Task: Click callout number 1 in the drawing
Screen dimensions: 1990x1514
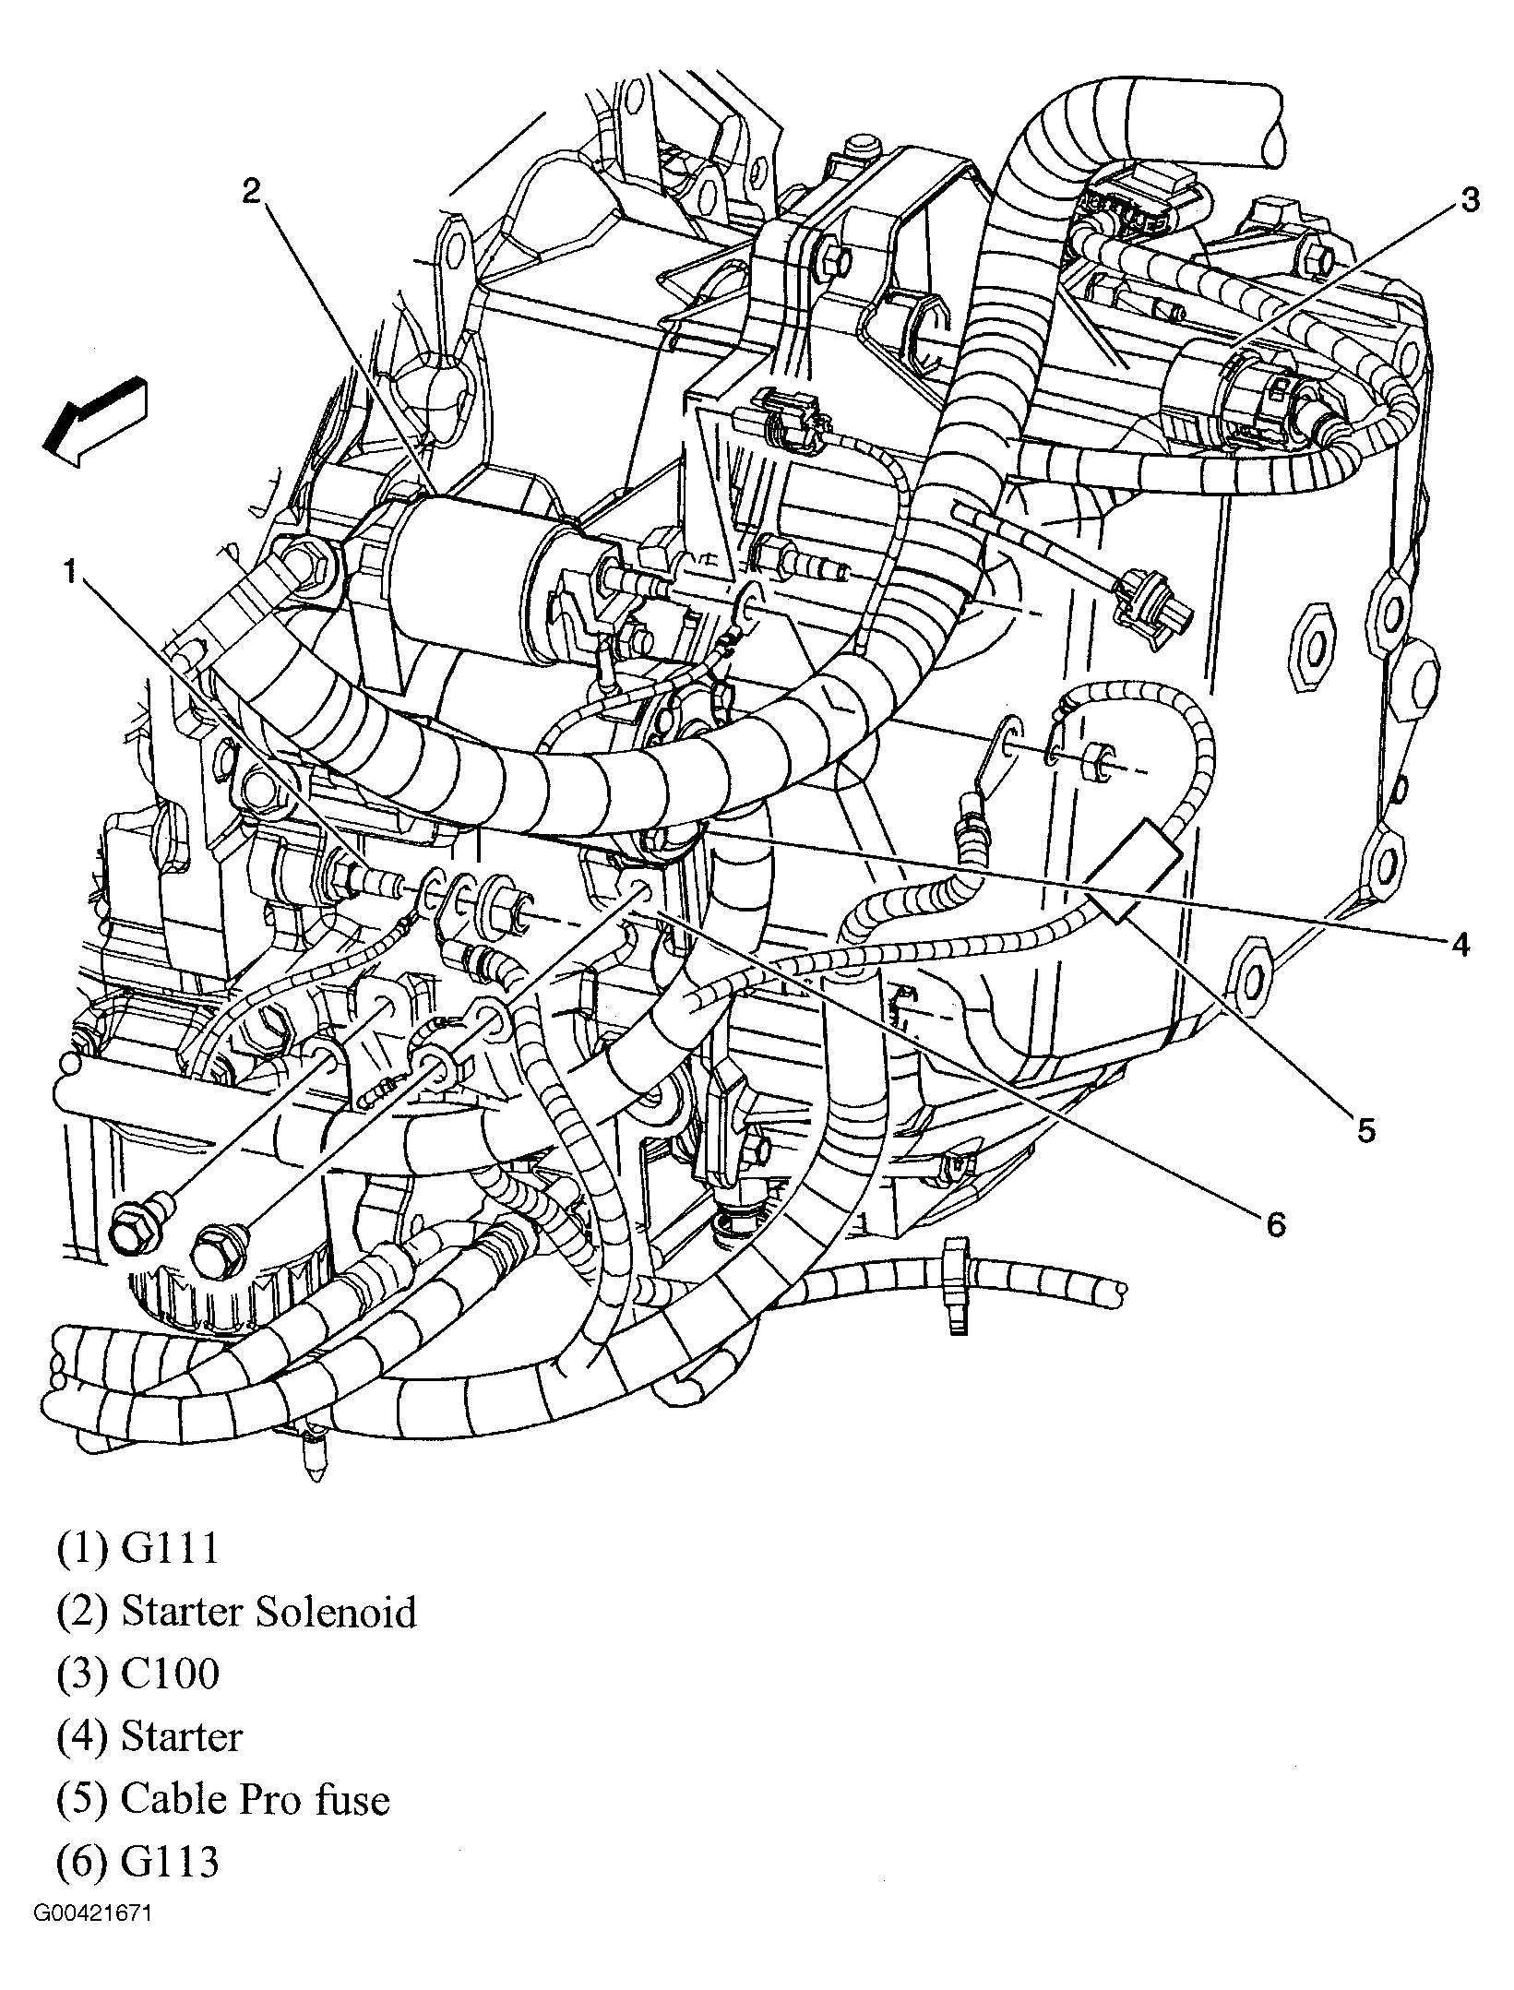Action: point(70,573)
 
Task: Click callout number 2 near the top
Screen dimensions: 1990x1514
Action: point(253,191)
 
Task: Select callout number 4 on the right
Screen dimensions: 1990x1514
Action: point(1459,945)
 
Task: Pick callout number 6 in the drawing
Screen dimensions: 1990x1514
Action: point(1274,1223)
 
